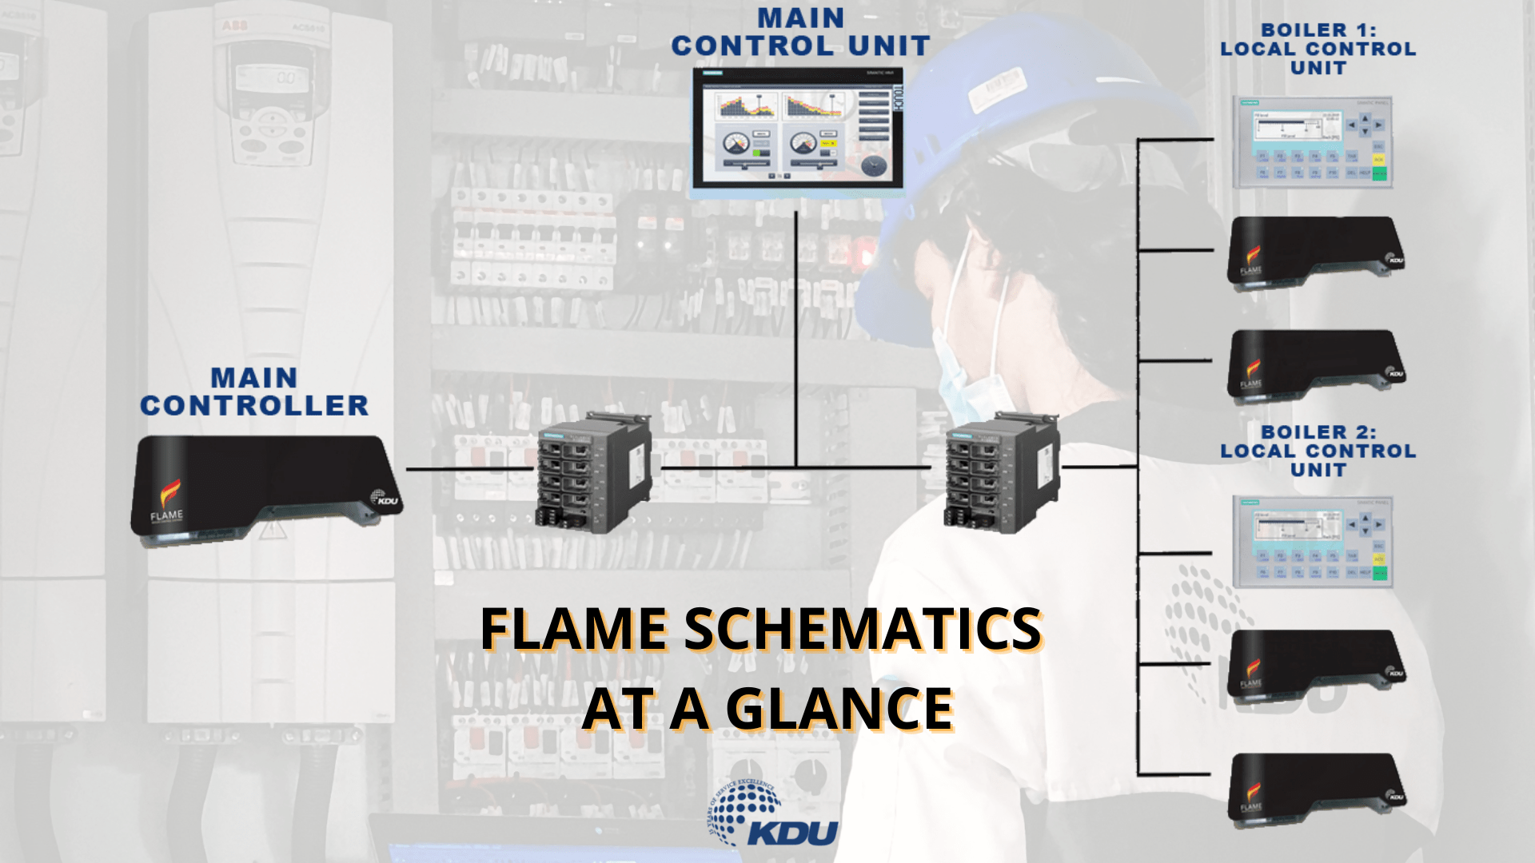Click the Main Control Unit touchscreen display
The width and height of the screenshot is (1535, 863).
coord(797,133)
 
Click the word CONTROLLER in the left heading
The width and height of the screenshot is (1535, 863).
coord(254,406)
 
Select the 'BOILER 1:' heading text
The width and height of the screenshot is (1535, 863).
coord(1318,30)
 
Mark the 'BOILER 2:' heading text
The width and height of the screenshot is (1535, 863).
coord(1318,432)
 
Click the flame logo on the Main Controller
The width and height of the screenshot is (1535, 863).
coord(169,494)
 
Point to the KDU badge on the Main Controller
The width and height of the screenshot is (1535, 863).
coord(385,499)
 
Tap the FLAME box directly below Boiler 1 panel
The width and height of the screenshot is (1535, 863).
coord(1315,251)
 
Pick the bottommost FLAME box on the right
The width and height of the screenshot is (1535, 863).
coord(1315,787)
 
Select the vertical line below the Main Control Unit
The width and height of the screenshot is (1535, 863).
coord(796,336)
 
